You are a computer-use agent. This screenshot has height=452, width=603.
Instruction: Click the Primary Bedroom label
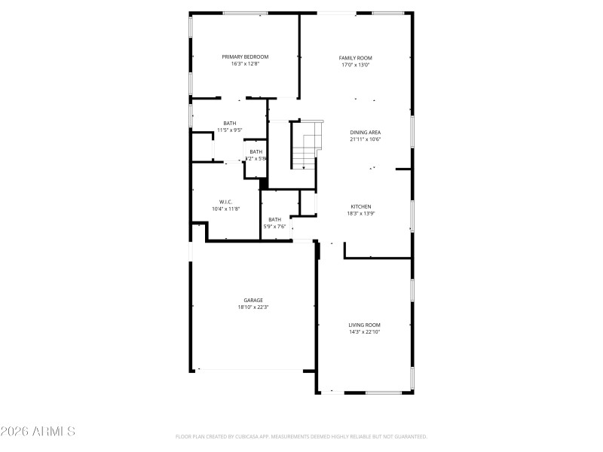pyautogui.click(x=245, y=56)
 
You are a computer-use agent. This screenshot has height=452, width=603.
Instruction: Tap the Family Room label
pyautogui.click(x=356, y=57)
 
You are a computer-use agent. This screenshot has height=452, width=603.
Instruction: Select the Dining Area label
pyautogui.click(x=365, y=132)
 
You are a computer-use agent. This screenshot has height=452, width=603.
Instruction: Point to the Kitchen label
pyautogui.click(x=361, y=206)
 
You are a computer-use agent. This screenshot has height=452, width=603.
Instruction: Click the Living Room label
pyautogui.click(x=364, y=325)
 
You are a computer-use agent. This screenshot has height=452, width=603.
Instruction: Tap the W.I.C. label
pyautogui.click(x=225, y=201)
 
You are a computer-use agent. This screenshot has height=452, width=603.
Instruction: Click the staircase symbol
pyautogui.click(x=306, y=148)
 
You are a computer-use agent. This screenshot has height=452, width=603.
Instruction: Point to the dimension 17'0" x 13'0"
pyautogui.click(x=356, y=64)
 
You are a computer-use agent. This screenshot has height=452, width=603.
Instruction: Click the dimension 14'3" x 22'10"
pyautogui.click(x=364, y=331)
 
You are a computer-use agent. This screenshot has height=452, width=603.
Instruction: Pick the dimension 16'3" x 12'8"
pyautogui.click(x=245, y=63)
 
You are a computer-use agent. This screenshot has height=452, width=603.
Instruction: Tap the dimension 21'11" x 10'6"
pyautogui.click(x=365, y=139)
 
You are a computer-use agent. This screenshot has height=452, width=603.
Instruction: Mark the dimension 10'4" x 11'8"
pyautogui.click(x=225, y=208)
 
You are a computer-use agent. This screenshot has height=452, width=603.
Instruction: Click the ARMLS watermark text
pyautogui.click(x=38, y=432)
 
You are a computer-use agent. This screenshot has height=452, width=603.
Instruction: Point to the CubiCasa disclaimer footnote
pyautogui.click(x=301, y=436)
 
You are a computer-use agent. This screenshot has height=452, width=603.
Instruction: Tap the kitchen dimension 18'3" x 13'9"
pyautogui.click(x=361, y=213)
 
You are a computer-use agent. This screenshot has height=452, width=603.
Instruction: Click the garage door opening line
pyautogui.click(x=252, y=370)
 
